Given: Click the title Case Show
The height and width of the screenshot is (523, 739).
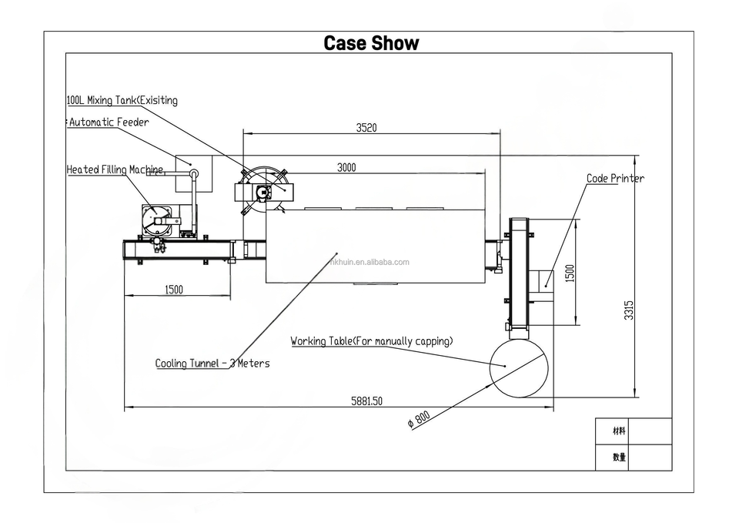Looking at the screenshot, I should pyautogui.click(x=371, y=43).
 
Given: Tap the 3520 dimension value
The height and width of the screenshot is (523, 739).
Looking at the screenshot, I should pyautogui.click(x=366, y=128).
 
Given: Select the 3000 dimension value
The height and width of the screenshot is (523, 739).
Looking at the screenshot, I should pyautogui.click(x=346, y=167).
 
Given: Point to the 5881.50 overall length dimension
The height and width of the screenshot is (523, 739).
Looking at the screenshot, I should pyautogui.click(x=366, y=401).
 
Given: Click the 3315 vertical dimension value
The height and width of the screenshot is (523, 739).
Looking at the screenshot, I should pyautogui.click(x=629, y=310).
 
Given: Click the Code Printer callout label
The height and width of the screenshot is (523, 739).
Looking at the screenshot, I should pyautogui.click(x=615, y=179).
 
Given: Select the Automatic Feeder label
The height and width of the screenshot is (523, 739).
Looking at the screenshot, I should pyautogui.click(x=109, y=122).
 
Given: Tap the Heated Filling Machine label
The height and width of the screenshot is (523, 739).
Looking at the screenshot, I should pyautogui.click(x=115, y=169).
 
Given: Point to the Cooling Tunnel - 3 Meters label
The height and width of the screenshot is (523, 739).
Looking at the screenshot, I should pyautogui.click(x=212, y=363).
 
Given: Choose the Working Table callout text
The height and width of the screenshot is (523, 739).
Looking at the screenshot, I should pyautogui.click(x=371, y=340).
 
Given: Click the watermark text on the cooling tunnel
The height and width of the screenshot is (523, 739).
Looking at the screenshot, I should pyautogui.click(x=369, y=262).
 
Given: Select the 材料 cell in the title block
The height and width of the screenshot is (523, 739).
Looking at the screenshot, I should pyautogui.click(x=618, y=431).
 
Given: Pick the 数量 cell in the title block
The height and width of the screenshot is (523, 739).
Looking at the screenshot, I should pyautogui.click(x=618, y=457).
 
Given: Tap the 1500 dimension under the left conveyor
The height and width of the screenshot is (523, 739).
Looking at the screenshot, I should pyautogui.click(x=174, y=290).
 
